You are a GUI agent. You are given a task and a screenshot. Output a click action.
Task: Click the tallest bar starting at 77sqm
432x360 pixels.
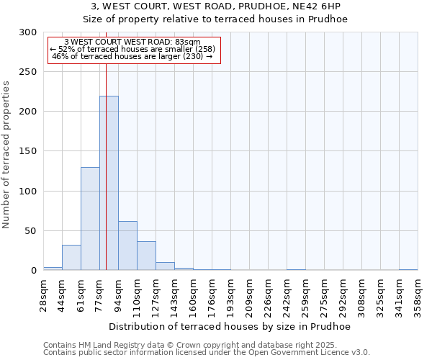click(109, 183)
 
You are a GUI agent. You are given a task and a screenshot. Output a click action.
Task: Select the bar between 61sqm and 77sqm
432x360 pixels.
click(90, 218)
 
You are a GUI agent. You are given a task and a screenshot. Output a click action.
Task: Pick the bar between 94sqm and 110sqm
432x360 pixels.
click(127, 246)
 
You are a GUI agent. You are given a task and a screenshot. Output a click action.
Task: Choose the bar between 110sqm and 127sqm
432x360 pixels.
click(146, 256)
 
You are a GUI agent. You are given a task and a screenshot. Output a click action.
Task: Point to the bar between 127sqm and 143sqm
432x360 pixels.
click(165, 266)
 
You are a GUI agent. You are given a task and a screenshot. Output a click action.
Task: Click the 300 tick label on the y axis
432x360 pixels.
click(28, 32)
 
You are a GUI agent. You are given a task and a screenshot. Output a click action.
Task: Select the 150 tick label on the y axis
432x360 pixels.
click(28, 151)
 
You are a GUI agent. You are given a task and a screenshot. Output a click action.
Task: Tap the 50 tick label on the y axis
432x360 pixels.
click(31, 231)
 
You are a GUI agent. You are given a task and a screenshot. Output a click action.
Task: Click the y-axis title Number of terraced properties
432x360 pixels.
click(6, 154)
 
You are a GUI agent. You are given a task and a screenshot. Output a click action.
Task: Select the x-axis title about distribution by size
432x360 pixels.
click(230, 326)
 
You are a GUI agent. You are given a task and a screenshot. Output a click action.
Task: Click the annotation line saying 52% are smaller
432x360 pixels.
click(132, 49)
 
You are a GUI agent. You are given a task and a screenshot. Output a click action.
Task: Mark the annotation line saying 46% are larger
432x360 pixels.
click(132, 56)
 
